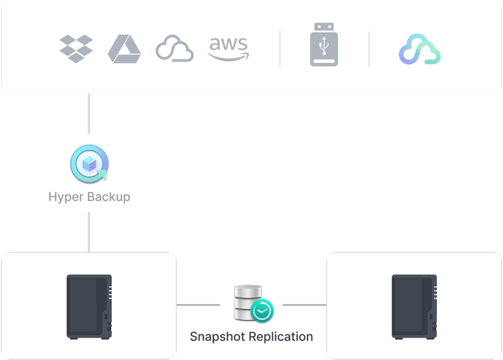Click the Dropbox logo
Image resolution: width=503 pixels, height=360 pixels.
[x=76, y=48]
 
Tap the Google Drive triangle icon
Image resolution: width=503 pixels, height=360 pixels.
[x=124, y=49]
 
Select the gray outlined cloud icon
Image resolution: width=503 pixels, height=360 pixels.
[x=174, y=49]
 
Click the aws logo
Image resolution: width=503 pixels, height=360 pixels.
[x=229, y=48]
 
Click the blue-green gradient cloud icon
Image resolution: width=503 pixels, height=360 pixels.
[x=420, y=50]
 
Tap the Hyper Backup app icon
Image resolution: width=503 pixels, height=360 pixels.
[x=89, y=164]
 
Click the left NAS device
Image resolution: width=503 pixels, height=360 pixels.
[x=89, y=306]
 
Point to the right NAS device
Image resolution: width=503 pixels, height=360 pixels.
[x=414, y=306]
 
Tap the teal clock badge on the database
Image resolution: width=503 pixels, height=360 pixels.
[x=262, y=311]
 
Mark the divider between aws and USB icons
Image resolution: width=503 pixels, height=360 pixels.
[x=280, y=48]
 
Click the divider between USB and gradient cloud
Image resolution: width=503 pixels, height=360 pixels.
[x=369, y=48]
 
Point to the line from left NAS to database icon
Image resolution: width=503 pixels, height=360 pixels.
[x=198, y=305]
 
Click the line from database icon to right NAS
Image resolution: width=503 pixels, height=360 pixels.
[x=304, y=305]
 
